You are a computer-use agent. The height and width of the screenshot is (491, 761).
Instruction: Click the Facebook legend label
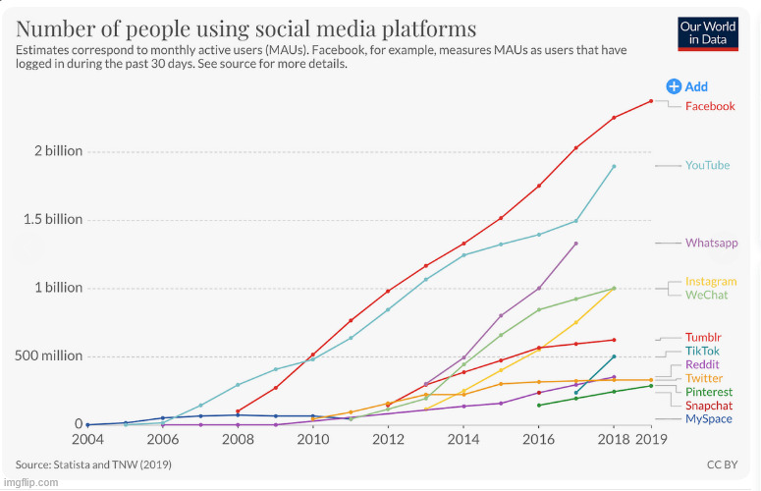tap(709, 106)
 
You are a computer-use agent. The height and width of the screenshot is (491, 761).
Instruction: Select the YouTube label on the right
tap(707, 165)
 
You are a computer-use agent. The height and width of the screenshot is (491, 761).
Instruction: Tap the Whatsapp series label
tap(711, 243)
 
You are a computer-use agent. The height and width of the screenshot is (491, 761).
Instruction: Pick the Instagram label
tap(711, 282)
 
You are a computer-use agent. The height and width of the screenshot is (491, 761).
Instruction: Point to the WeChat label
tap(707, 295)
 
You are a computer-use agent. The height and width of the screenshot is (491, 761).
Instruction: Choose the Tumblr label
tap(703, 338)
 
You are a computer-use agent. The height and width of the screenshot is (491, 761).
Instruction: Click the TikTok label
tap(702, 351)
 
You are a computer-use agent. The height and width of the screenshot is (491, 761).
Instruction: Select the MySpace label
tap(708, 419)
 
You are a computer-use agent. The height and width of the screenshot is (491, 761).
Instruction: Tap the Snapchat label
tap(709, 406)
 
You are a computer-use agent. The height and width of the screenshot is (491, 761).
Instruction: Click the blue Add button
tap(687, 86)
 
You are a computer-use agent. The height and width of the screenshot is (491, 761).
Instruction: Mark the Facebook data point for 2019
tap(650, 101)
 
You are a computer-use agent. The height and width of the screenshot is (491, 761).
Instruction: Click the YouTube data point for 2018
tap(614, 166)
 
